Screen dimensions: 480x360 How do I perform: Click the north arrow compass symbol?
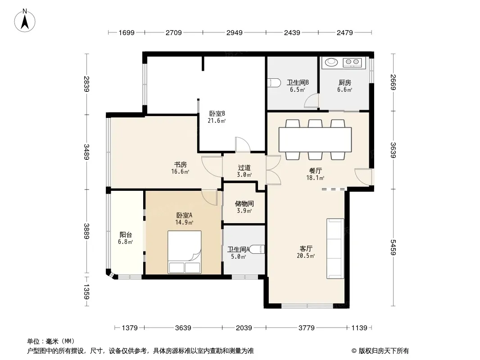(x=25, y=21)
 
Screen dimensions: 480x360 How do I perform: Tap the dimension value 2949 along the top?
(x=234, y=33)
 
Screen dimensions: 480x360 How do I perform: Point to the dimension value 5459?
(x=393, y=247)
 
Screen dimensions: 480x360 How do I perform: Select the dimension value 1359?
(x=86, y=292)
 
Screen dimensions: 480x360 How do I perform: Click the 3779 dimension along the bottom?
(x=307, y=328)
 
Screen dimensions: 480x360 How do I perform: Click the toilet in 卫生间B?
(x=274, y=83)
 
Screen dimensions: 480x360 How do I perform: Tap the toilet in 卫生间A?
(x=258, y=249)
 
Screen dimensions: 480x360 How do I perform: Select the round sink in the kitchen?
(x=331, y=62)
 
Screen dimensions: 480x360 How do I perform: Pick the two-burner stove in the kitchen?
(x=352, y=63)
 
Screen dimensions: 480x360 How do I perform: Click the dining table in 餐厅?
(x=315, y=139)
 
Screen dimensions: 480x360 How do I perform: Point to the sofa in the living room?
(x=335, y=248)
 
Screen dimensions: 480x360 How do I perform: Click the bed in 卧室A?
(x=184, y=252)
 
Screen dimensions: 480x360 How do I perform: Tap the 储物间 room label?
(x=245, y=204)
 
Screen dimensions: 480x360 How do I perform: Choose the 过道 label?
(x=245, y=167)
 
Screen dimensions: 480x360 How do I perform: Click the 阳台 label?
(x=126, y=235)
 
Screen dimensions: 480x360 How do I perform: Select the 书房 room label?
(x=180, y=165)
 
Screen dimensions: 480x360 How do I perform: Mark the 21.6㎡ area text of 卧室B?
(x=217, y=121)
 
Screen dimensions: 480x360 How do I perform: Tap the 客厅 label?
(x=306, y=249)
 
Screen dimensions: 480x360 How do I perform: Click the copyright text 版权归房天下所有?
(x=383, y=351)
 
